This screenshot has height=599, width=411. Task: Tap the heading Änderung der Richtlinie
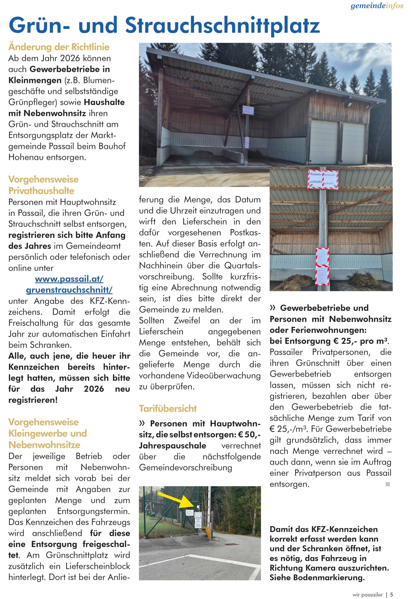pyautogui.click(x=59, y=47)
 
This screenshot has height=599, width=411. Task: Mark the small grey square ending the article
pyautogui.click(x=388, y=484)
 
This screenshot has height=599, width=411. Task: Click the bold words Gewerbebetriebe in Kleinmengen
pyautogui.click(x=59, y=75)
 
